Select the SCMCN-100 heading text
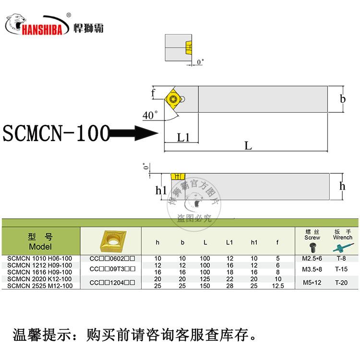click(56, 133)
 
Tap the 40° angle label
click(150, 115)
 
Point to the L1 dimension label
click(183, 138)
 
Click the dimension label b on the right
click(342, 99)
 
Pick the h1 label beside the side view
click(161, 190)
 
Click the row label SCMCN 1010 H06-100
click(40, 259)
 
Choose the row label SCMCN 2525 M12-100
click(40, 286)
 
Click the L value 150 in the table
click(205, 286)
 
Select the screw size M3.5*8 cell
click(312, 269)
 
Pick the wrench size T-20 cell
click(342, 282)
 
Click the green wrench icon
click(342, 247)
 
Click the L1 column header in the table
click(229, 242)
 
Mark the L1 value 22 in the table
click(230, 279)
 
